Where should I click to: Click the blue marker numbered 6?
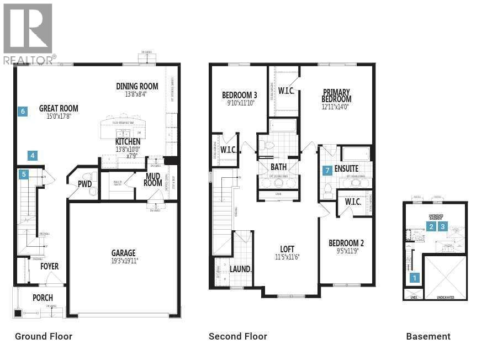[23, 112]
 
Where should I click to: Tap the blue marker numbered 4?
[33, 156]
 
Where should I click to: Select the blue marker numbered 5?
[23, 174]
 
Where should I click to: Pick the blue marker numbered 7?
[327, 170]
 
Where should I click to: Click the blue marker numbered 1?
[415, 279]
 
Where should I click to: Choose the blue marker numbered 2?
[431, 226]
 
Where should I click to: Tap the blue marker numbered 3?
[442, 226]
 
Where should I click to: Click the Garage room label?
[123, 253]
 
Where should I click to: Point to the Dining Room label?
[137, 86]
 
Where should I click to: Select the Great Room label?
[59, 108]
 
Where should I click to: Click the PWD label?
[84, 184]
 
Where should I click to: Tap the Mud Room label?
[153, 179]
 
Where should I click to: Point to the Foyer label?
[49, 266]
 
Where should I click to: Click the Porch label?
[43, 298]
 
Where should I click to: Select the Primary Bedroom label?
[337, 96]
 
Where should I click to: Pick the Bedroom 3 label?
[239, 94]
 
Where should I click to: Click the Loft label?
[287, 248]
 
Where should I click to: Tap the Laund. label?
[240, 269]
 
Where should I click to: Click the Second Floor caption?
[237, 336]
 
